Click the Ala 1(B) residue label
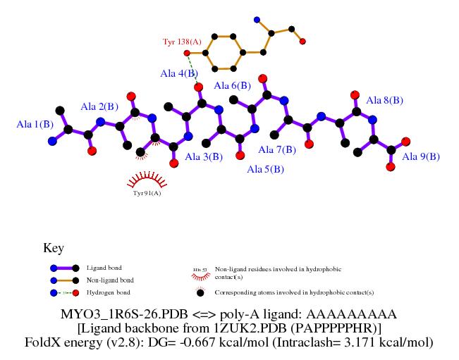coord(35,124)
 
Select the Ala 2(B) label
coord(99,107)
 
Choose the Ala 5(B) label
coord(265,170)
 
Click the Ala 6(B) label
coord(232,86)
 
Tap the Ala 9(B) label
coord(421,156)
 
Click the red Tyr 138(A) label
coord(182,42)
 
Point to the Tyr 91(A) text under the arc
coord(147,192)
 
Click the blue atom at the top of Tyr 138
coord(256,20)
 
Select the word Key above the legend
coord(54,249)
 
